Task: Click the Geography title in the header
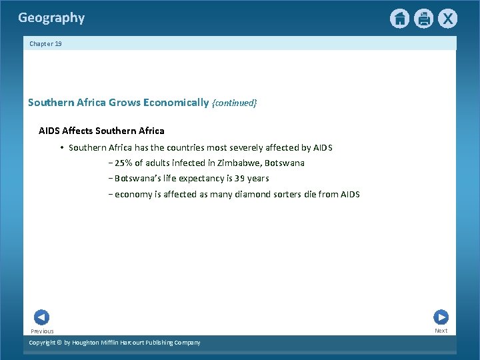coord(51,18)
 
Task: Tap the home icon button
coord(399,19)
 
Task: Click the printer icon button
coord(423,19)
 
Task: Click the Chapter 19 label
coord(45,43)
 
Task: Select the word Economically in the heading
coord(176,103)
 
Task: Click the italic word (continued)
coord(234,103)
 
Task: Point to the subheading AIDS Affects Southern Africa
coord(101,131)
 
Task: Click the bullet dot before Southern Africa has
coord(61,148)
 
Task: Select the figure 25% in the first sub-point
coord(123,163)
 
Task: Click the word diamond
coord(253,195)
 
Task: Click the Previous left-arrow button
coord(41,317)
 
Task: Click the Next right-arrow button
coord(441,317)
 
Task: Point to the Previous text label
coord(42,331)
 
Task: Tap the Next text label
coord(441,331)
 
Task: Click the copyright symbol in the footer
coord(58,343)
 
